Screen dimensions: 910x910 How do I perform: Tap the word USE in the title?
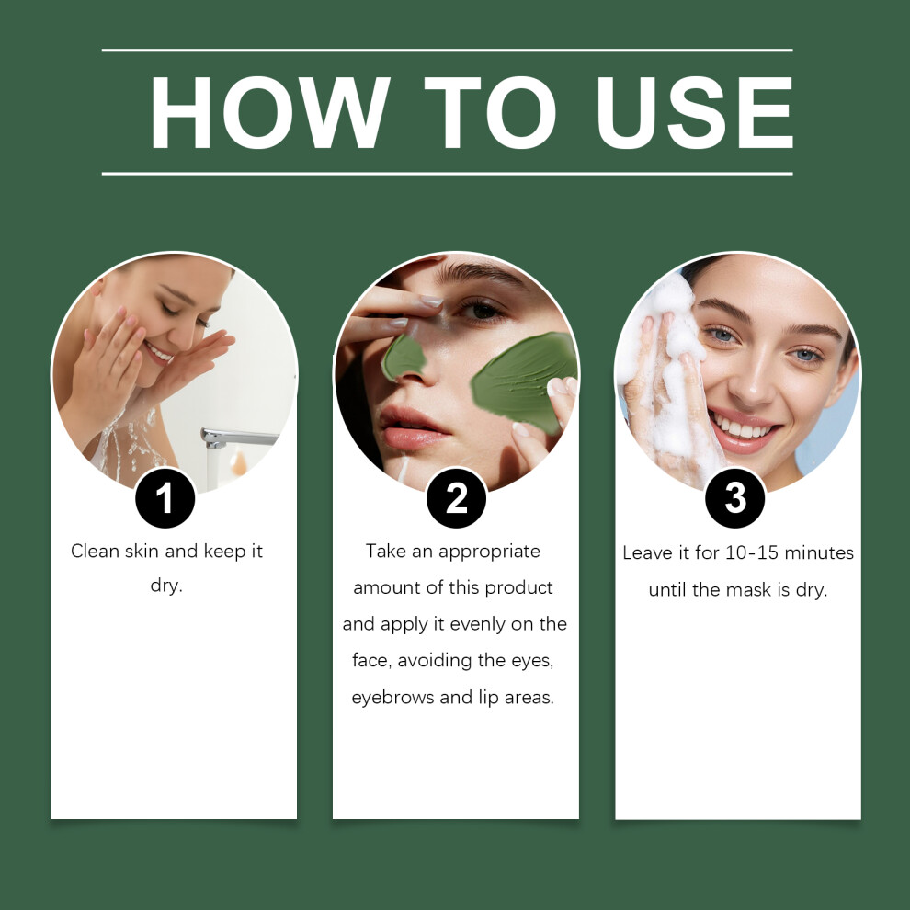tap(695, 112)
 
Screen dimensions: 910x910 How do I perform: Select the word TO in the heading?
tap(490, 112)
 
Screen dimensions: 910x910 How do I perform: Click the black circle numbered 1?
tap(165, 498)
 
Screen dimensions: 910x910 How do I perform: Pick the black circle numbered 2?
tap(456, 498)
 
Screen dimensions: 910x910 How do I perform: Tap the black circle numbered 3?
tap(735, 498)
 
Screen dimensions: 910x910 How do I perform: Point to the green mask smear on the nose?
tap(404, 357)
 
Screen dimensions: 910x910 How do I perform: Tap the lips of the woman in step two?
tap(411, 427)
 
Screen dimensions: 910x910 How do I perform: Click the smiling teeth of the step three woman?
tap(744, 429)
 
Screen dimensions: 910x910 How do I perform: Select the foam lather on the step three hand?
tap(667, 371)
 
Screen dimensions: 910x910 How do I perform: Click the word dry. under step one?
tap(166, 586)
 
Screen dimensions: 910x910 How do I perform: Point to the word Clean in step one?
tap(96, 551)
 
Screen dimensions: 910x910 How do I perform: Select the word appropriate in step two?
tap(489, 552)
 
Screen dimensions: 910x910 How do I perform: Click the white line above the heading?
tap(448, 51)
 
